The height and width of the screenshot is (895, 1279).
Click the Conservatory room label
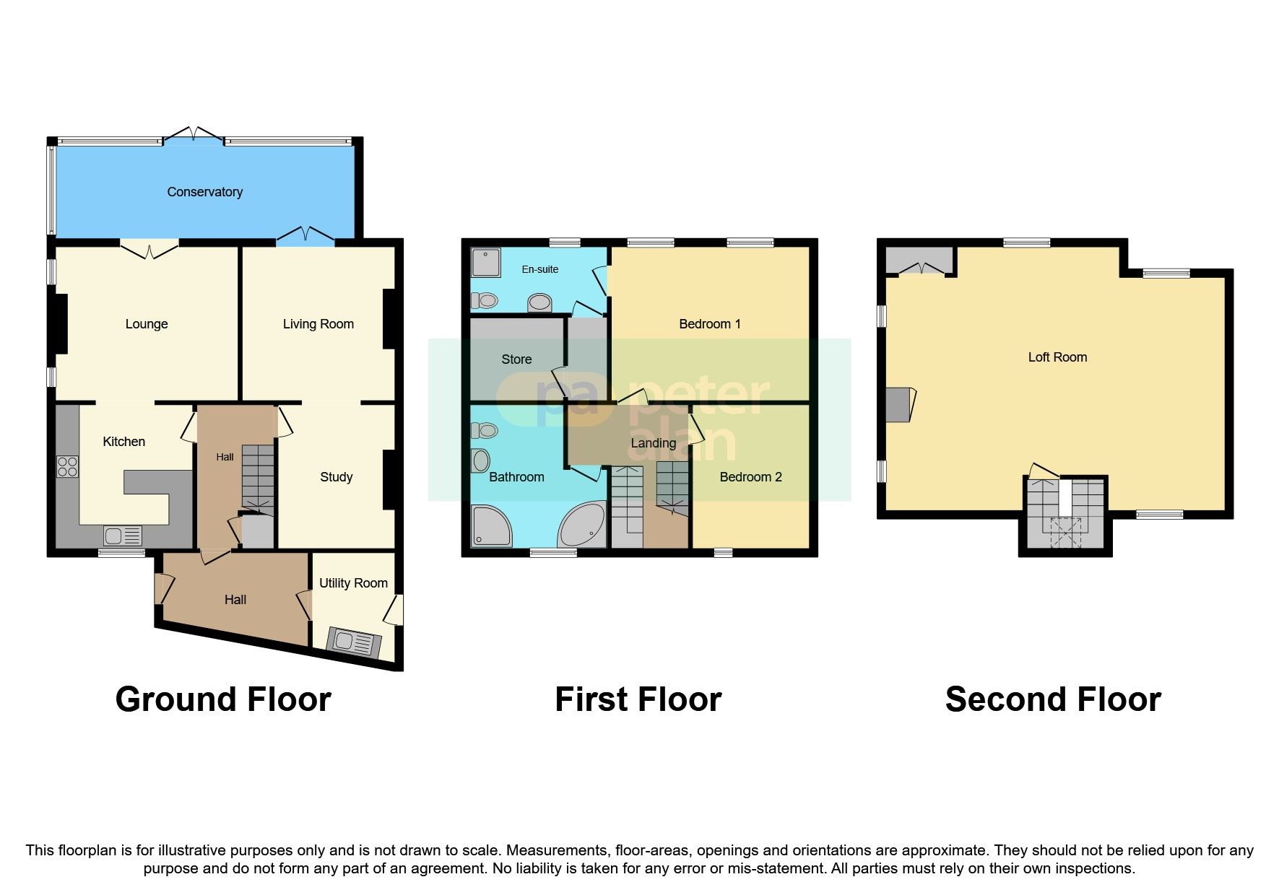coord(204,192)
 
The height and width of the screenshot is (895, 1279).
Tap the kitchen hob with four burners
coord(67,466)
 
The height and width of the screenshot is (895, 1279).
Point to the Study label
coord(336,477)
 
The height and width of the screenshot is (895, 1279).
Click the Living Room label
coord(318,324)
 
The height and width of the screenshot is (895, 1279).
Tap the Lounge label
coord(147,324)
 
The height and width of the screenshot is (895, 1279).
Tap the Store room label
coord(516,359)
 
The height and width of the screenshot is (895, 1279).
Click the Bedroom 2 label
coord(750,477)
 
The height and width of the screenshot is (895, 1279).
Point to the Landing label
coord(653,443)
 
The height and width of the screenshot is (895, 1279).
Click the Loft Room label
coord(1057,357)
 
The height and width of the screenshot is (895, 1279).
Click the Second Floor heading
coord(1052,699)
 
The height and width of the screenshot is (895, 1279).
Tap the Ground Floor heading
coord(223,699)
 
